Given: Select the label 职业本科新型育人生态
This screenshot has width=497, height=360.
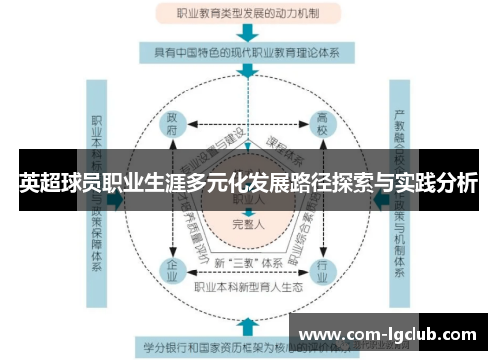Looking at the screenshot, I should [248, 286].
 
